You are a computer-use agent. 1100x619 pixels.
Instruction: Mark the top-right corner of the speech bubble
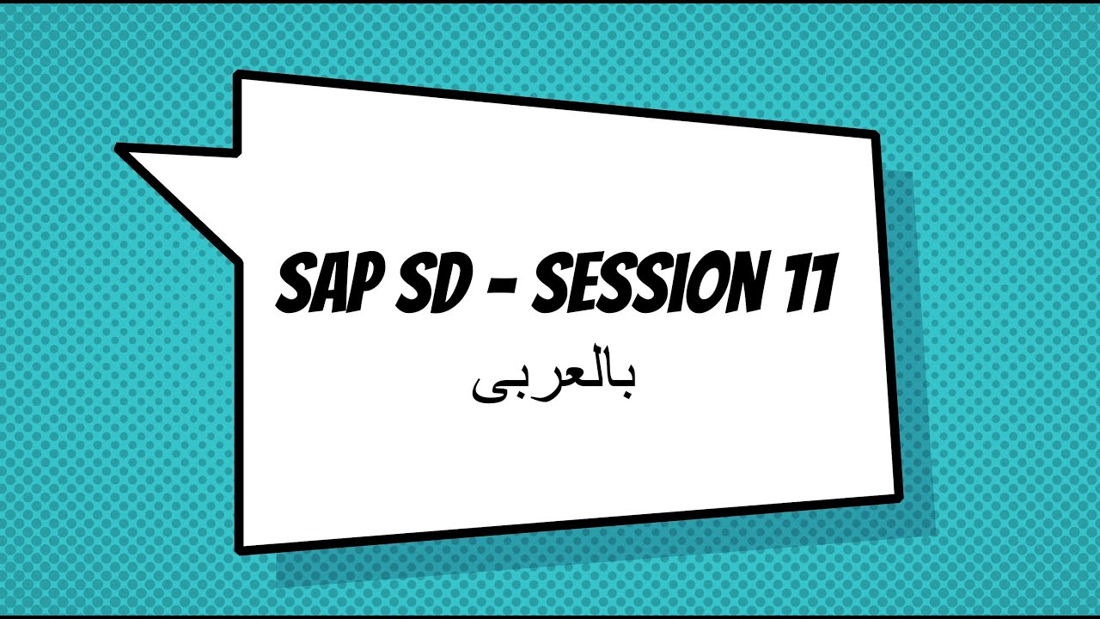coord(874,135)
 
